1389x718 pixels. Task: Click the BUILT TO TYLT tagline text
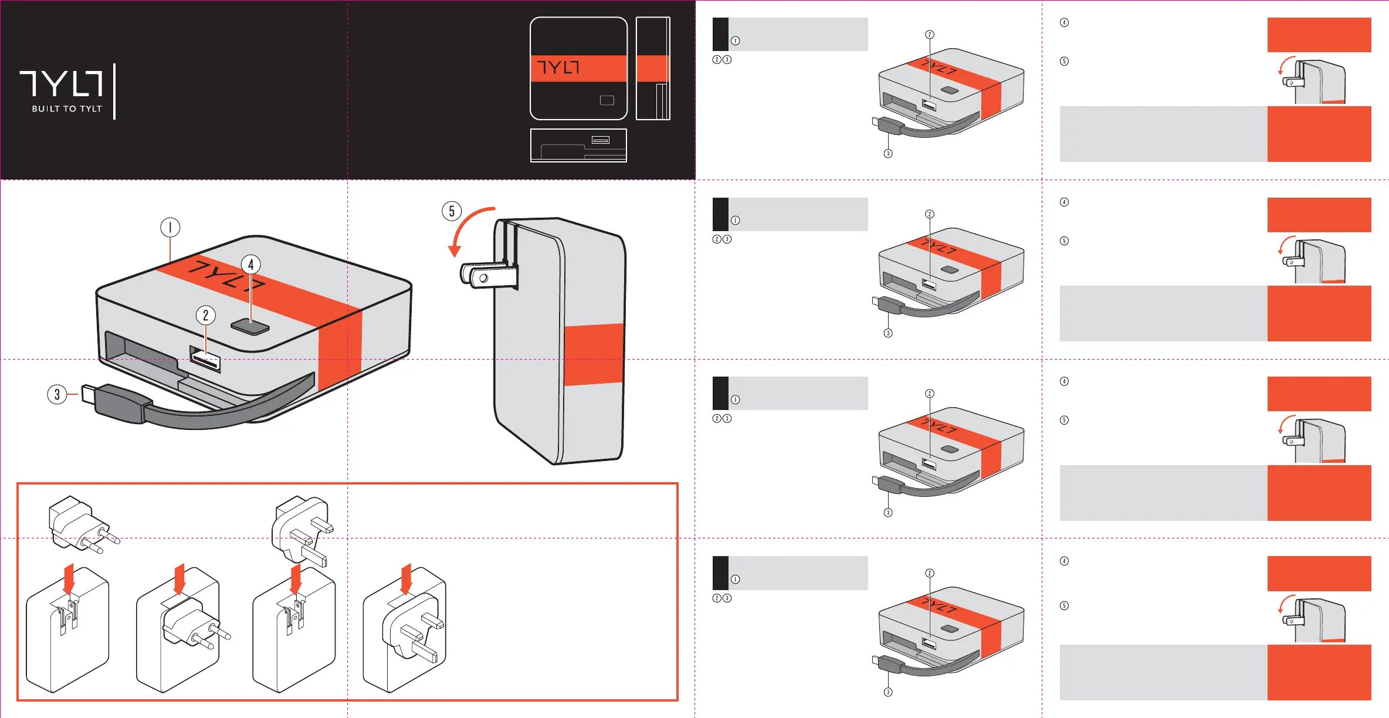click(67, 109)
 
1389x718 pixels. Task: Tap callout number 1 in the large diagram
click(170, 228)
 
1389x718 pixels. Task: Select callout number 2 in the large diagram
click(205, 316)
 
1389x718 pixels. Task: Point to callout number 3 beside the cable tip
click(57, 394)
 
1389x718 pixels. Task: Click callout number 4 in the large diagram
click(251, 265)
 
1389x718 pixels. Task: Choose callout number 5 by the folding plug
click(452, 211)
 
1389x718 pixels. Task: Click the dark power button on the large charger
click(250, 327)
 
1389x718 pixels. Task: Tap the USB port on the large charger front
click(205, 360)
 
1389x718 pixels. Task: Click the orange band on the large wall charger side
click(594, 354)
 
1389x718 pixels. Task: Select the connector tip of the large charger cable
click(88, 394)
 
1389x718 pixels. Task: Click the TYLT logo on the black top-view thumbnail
click(558, 68)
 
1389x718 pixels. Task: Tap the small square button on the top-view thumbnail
click(607, 100)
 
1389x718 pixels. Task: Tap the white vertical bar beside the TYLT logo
click(114, 92)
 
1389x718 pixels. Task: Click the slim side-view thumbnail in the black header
click(653, 68)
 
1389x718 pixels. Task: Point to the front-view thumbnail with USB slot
click(578, 145)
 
